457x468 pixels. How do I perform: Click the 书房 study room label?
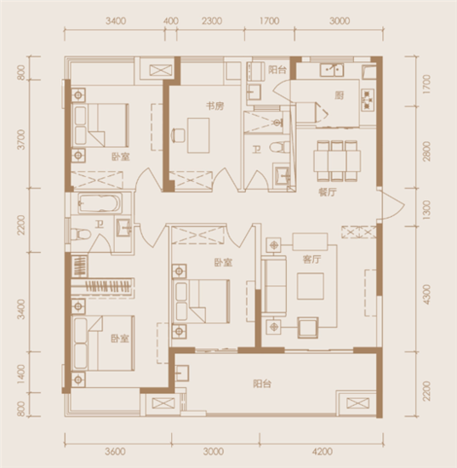tap(215, 106)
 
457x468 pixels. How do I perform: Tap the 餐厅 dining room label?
tap(328, 192)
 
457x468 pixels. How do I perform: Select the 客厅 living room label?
tap(311, 260)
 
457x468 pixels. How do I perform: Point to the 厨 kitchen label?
tap(339, 95)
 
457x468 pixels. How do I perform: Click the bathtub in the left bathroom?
tap(100, 204)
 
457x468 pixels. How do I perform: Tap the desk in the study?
tap(198, 135)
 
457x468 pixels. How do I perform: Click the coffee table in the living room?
tap(311, 286)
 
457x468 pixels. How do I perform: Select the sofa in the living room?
tap(274, 286)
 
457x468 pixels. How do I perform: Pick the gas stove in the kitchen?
tap(368, 100)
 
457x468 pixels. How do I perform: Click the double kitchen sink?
tap(332, 70)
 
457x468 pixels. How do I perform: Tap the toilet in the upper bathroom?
tap(279, 147)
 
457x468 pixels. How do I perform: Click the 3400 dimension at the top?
tap(116, 21)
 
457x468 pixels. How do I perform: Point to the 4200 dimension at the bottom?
tap(323, 451)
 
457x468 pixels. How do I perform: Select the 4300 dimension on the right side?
tap(427, 294)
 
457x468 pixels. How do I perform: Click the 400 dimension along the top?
tap(171, 21)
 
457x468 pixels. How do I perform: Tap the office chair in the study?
tap(178, 135)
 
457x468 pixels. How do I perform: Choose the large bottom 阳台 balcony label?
tap(262, 384)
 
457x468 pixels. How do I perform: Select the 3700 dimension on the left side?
tap(21, 140)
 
